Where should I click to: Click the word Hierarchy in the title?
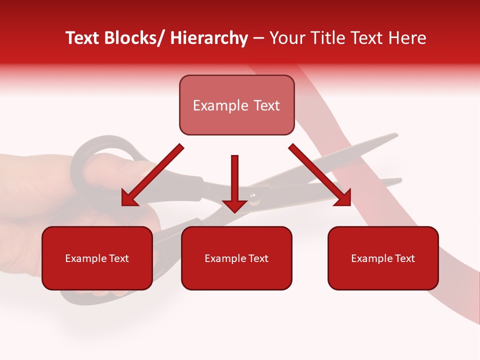209,38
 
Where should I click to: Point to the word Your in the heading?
286,38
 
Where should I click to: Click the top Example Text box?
236,105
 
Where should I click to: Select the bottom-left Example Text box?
97,258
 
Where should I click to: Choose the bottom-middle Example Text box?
236,258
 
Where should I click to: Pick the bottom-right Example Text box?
383,258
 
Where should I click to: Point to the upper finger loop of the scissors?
95,155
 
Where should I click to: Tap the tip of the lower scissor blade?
400,179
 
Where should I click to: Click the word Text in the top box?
265,105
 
